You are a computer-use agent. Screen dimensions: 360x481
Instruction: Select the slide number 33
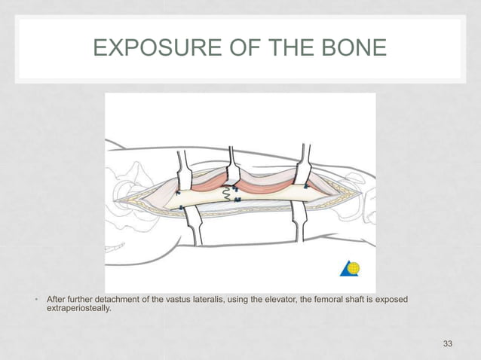tap(448, 344)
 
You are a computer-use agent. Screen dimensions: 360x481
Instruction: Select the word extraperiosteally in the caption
tap(78, 311)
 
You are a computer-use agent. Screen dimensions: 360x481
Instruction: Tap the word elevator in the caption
tap(278, 301)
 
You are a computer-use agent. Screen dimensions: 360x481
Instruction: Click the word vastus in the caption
tap(164, 301)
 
